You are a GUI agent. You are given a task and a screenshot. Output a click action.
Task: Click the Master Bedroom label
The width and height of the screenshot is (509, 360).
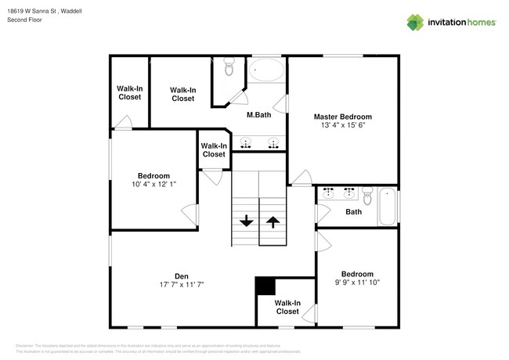click(x=343, y=117)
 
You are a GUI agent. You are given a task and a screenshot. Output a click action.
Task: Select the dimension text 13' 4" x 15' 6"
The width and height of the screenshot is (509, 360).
click(x=343, y=125)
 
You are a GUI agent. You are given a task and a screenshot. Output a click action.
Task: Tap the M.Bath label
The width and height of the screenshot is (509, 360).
click(x=258, y=116)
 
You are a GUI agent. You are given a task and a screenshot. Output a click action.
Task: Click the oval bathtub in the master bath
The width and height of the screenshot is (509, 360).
click(x=268, y=71)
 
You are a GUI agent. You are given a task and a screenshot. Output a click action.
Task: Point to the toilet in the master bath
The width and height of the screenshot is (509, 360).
click(x=229, y=69)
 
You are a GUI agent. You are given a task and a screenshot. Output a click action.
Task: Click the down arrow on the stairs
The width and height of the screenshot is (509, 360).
click(x=246, y=221)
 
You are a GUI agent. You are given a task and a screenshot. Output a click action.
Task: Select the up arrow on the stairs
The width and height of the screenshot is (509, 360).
click(x=272, y=221)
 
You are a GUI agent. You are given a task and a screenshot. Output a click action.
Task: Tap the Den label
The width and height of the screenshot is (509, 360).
click(x=181, y=275)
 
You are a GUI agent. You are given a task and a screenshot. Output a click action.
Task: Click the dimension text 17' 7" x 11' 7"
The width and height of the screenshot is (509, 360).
click(x=181, y=284)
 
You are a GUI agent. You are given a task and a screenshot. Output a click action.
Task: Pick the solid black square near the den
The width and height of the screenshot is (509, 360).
click(x=265, y=286)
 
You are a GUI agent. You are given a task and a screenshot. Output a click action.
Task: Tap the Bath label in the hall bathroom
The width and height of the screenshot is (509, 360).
click(x=353, y=212)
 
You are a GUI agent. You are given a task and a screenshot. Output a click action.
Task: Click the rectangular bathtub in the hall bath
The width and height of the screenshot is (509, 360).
click(x=387, y=207)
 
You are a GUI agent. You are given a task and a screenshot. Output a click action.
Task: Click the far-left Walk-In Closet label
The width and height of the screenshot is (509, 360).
click(x=129, y=92)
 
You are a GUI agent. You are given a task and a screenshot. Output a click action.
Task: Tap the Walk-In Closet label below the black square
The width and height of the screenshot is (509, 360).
click(x=287, y=307)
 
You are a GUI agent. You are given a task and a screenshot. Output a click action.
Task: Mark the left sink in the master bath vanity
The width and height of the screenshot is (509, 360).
click(x=246, y=142)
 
